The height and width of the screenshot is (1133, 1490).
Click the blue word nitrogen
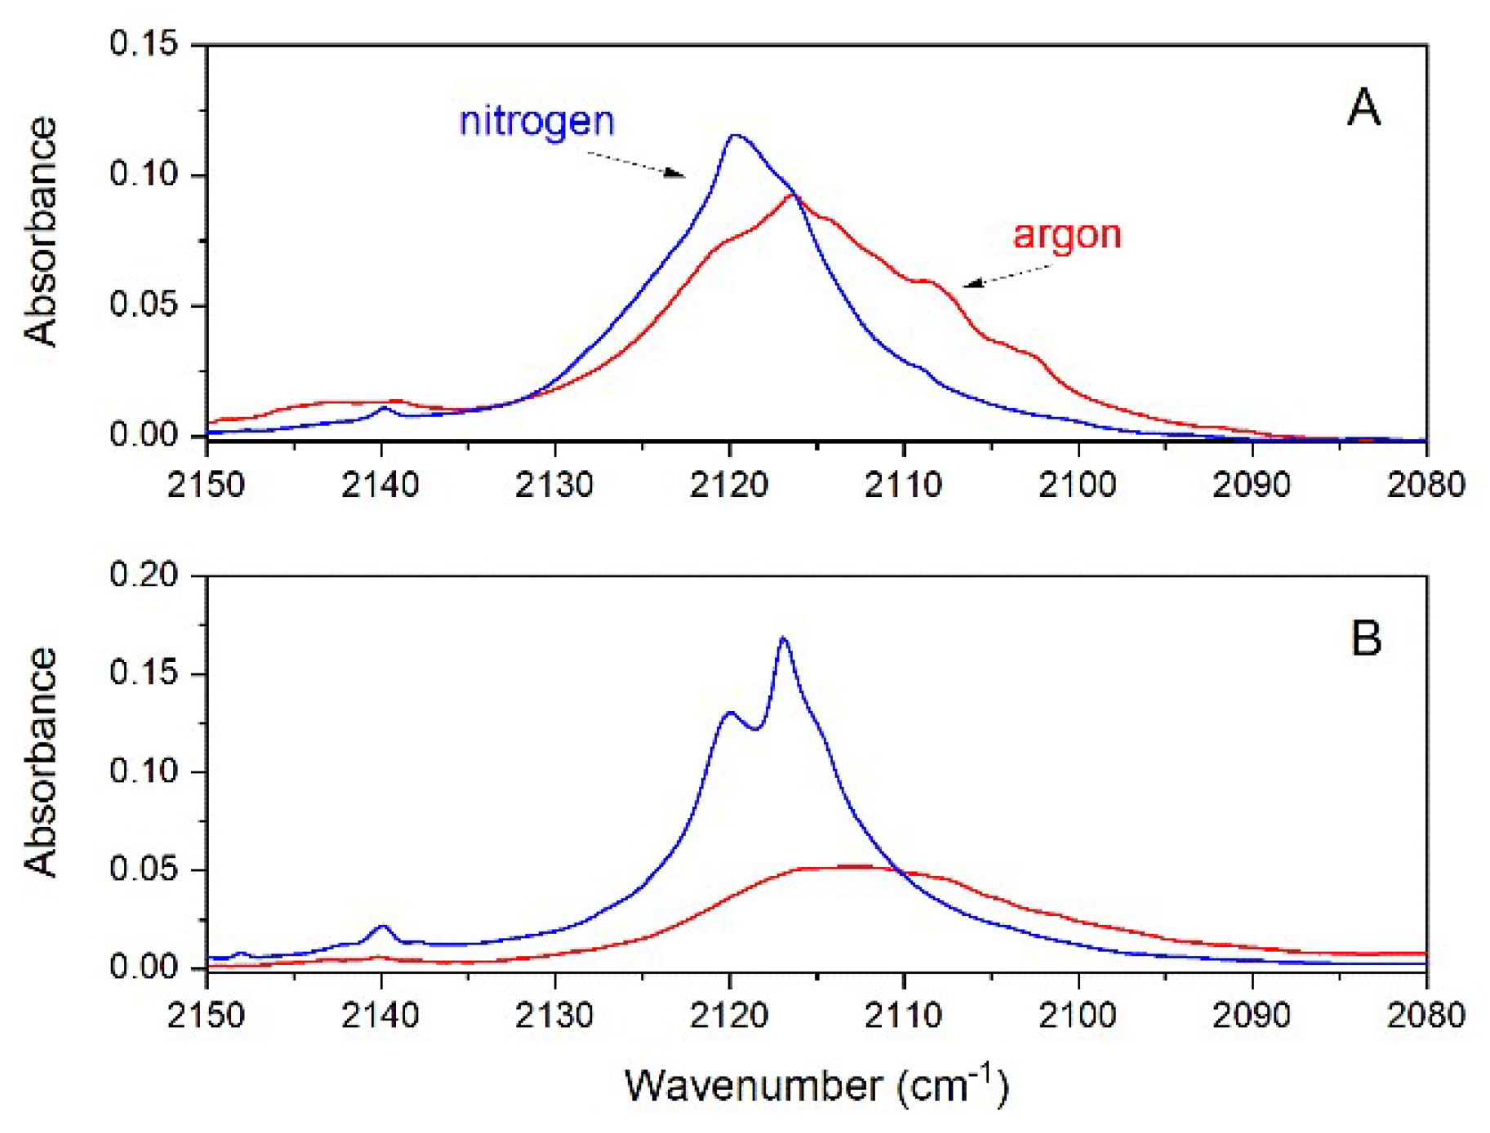pyautogui.click(x=536, y=122)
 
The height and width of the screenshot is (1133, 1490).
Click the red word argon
pyautogui.click(x=1066, y=235)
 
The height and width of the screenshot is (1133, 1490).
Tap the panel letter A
pyautogui.click(x=1363, y=108)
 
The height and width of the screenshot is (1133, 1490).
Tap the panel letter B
pyautogui.click(x=1366, y=638)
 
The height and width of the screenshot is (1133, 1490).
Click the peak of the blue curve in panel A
pyautogui.click(x=735, y=136)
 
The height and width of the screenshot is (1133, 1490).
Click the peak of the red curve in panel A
pyautogui.click(x=791, y=195)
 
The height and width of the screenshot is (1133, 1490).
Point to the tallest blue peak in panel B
pyautogui.click(x=784, y=638)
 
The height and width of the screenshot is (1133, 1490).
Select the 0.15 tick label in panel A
pyautogui.click(x=144, y=43)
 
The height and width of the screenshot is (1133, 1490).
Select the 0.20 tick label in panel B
pyautogui.click(x=144, y=575)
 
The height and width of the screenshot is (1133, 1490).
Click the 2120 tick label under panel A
pyautogui.click(x=729, y=485)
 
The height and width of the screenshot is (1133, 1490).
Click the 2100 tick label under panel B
pyautogui.click(x=1078, y=1016)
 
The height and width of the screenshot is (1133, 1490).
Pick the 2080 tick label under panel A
pyautogui.click(x=1426, y=485)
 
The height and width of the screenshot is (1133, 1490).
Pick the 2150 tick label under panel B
pyautogui.click(x=207, y=1016)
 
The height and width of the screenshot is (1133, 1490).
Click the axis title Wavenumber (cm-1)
pyautogui.click(x=816, y=1086)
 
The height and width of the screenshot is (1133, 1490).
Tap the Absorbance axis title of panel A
pyautogui.click(x=41, y=233)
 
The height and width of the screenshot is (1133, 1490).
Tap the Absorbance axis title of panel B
pyautogui.click(x=41, y=763)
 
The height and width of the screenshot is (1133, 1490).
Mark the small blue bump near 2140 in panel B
pyautogui.click(x=382, y=927)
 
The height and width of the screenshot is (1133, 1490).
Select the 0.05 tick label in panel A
pyautogui.click(x=144, y=305)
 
